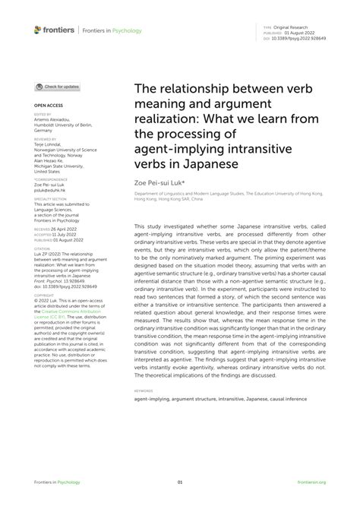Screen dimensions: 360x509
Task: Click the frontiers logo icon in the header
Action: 38,30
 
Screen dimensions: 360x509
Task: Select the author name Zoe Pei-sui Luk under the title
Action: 160,183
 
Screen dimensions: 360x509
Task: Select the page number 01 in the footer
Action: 180,482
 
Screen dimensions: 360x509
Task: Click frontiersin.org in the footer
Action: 312,482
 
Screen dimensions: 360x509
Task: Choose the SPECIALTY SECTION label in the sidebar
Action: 49,198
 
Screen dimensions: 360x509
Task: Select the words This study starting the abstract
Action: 147,227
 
